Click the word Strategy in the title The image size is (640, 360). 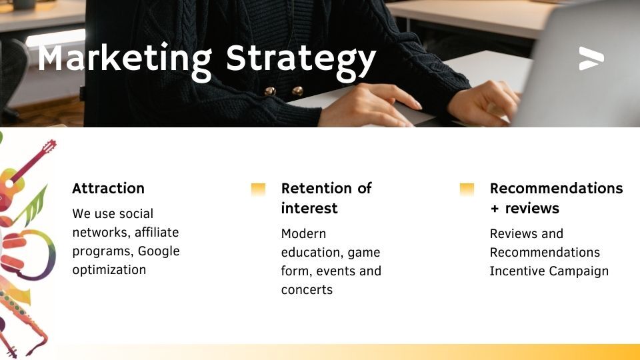[x=301, y=61]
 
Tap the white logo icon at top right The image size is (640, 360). [x=591, y=59]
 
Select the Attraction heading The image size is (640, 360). [x=108, y=188]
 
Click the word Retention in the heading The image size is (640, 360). [x=317, y=188]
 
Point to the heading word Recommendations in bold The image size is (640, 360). [x=556, y=188]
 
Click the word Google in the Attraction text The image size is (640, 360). [x=159, y=251]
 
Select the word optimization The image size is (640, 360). [x=109, y=270]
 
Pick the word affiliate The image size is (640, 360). [x=157, y=232]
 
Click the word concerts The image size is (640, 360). [x=307, y=290]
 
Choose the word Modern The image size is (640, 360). [x=304, y=234]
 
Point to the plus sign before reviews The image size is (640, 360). [x=495, y=209]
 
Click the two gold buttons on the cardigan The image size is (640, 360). [x=284, y=91]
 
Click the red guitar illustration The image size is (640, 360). [x=25, y=173]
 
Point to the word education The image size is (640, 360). [x=312, y=253]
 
